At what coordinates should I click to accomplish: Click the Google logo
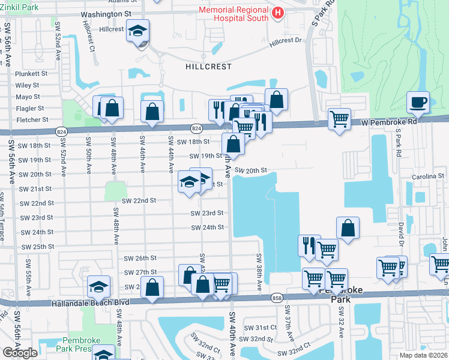click(20, 353)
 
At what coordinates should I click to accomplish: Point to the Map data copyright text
click(423, 355)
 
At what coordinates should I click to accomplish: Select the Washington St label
click(106, 13)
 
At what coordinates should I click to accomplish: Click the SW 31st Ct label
click(260, 328)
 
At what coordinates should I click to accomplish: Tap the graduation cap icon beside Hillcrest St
click(137, 31)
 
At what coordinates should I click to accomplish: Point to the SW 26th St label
click(140, 258)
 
